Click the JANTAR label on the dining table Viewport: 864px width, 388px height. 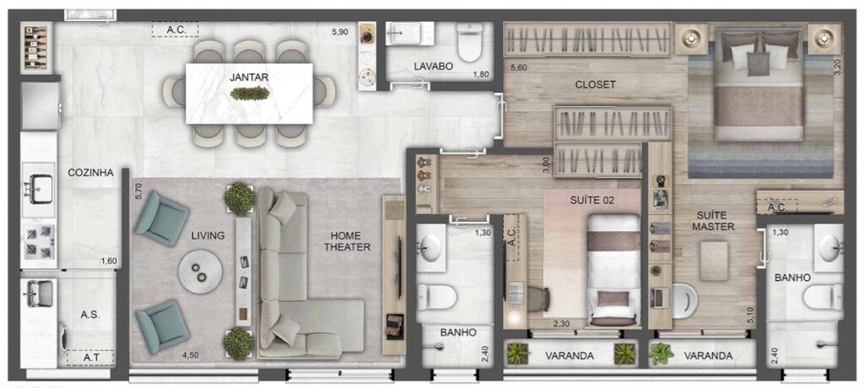[x=248, y=77]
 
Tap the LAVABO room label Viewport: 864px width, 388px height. [x=434, y=66]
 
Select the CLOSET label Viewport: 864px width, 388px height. [x=595, y=84]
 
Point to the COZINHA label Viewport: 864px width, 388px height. [x=91, y=172]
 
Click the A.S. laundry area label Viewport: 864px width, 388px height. [x=90, y=314]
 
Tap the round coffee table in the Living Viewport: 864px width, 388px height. [x=201, y=271]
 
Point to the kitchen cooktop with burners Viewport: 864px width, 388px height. [x=39, y=239]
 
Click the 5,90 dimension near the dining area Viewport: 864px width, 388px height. [x=338, y=32]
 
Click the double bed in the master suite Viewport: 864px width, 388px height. [x=757, y=89]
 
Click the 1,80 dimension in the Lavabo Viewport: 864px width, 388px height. [x=480, y=75]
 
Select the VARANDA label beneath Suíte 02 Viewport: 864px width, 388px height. [x=570, y=356]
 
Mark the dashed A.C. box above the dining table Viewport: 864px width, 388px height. [x=175, y=30]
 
